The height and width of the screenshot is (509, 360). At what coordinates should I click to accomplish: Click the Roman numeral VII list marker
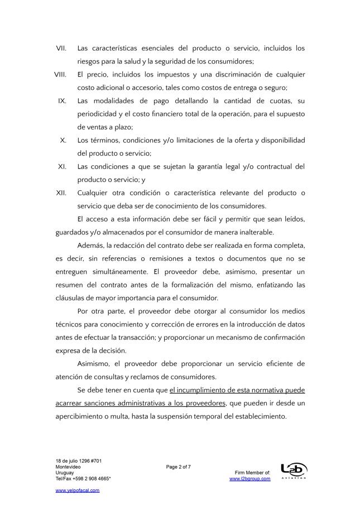(x=61, y=49)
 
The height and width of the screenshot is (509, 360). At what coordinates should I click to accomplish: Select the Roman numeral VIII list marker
(x=61, y=74)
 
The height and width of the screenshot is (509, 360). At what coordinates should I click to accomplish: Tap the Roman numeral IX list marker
(x=63, y=101)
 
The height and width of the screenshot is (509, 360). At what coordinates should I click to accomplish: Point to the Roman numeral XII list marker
(x=61, y=193)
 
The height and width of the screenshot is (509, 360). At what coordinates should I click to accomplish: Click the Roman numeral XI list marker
(x=63, y=166)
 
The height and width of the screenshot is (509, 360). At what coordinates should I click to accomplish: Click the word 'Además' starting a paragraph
(x=91, y=246)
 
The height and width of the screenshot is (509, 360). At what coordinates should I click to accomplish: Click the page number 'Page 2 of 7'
(x=179, y=467)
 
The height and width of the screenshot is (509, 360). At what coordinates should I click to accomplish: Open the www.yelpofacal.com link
(x=78, y=490)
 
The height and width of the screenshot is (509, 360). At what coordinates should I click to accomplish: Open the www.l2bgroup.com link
(x=249, y=478)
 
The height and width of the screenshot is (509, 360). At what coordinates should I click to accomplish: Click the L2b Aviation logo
(x=294, y=471)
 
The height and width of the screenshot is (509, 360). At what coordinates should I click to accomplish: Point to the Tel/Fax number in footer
(x=83, y=478)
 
